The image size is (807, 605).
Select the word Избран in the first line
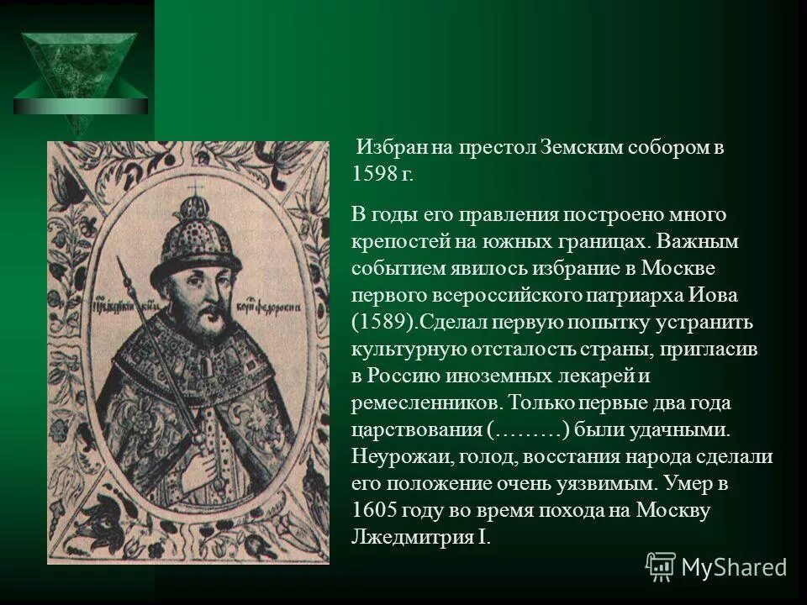393,149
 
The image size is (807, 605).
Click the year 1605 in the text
375,510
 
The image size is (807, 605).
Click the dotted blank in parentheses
529,429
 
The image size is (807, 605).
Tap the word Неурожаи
395,456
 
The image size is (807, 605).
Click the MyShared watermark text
733,566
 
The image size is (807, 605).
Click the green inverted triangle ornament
80,80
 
